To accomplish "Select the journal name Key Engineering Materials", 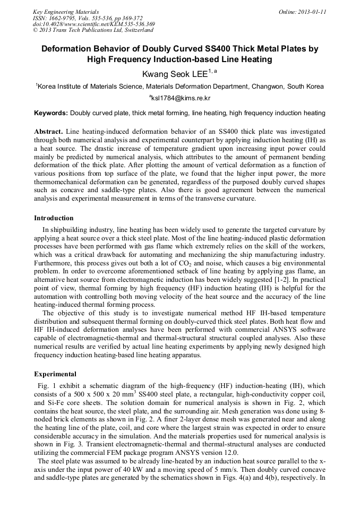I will pyautogui.click(x=66, y=11).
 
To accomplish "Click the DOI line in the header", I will pyautogui.click(x=93, y=24).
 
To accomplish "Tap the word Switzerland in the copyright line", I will pyautogui.click(x=136, y=30).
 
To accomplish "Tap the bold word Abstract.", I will pyautogui.click(x=49, y=131).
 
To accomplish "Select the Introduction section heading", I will pyautogui.click(x=54, y=218).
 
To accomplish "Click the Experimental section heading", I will pyautogui.click(x=55, y=374).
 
